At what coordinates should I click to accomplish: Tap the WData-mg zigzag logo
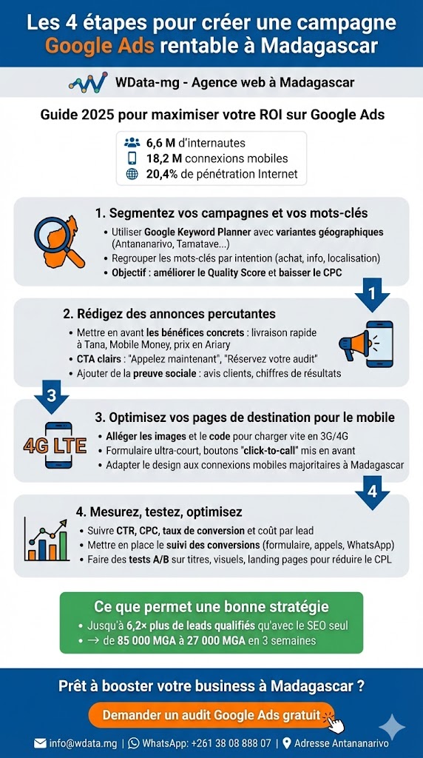tap(88, 81)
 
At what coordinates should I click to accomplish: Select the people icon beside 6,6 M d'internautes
tap(132, 143)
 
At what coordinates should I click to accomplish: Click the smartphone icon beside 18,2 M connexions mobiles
tap(132, 158)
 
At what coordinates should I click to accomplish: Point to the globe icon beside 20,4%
tap(132, 175)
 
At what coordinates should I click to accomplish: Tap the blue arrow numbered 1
tap(372, 293)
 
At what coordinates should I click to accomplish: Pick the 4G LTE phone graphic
tap(55, 446)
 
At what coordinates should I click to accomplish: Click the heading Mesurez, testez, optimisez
tap(159, 512)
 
